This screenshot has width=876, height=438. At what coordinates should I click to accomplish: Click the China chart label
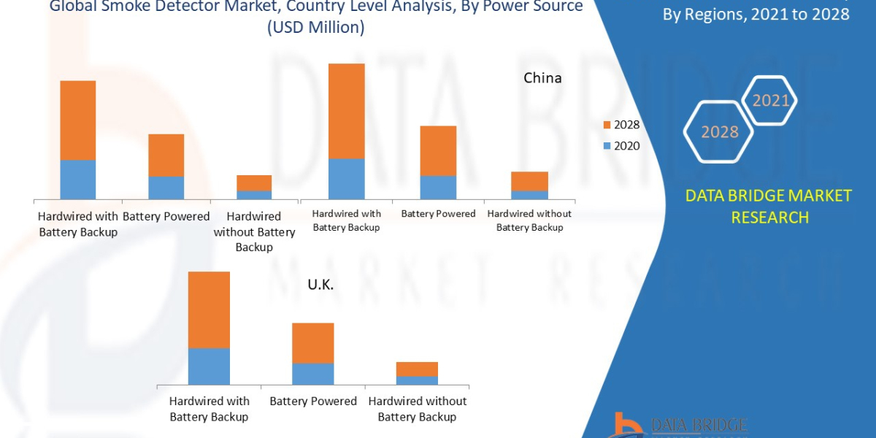click(x=542, y=77)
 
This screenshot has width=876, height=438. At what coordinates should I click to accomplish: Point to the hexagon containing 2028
click(x=720, y=131)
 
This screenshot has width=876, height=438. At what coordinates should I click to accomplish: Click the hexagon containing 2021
click(x=770, y=101)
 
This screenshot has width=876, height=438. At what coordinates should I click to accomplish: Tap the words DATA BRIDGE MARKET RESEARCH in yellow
click(x=769, y=207)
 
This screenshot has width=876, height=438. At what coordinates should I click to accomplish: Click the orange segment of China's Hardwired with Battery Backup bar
click(x=346, y=111)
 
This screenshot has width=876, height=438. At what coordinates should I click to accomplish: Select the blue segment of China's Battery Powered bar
click(x=438, y=187)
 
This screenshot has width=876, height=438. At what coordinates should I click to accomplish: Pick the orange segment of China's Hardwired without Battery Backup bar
click(x=529, y=181)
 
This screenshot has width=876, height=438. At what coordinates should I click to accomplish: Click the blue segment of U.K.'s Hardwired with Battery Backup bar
click(x=209, y=366)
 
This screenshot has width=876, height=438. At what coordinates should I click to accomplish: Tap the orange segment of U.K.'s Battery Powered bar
click(x=312, y=343)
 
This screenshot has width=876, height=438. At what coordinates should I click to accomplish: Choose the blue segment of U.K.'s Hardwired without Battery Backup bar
click(x=417, y=380)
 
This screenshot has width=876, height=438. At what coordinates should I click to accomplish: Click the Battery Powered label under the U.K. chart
click(x=313, y=401)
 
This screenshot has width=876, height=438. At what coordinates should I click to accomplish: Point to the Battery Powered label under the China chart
click(x=438, y=214)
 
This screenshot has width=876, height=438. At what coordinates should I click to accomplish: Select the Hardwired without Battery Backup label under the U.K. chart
click(x=417, y=409)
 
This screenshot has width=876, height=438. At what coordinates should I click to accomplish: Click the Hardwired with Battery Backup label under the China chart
click(x=346, y=220)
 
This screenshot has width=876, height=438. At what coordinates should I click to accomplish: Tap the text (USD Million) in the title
click(x=316, y=28)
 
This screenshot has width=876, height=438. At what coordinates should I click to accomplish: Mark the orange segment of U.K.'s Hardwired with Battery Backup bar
click(x=209, y=310)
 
